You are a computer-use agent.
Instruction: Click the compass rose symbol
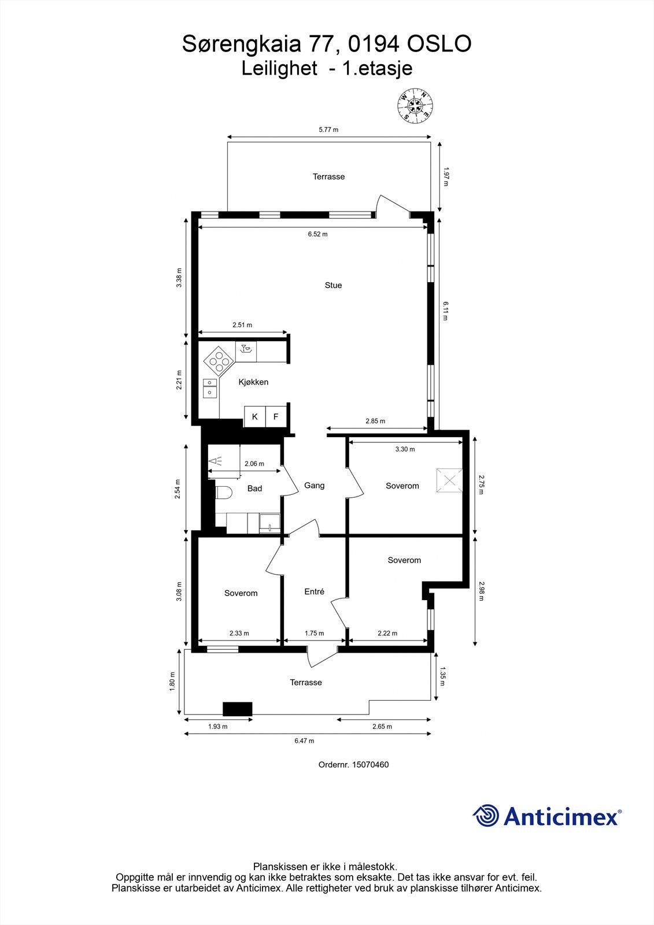[416, 105]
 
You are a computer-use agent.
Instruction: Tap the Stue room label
[333, 285]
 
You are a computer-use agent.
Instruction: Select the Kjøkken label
[253, 382]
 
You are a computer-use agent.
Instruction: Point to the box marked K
[254, 417]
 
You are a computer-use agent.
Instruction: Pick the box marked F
[276, 417]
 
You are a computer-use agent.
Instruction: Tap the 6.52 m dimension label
[317, 234]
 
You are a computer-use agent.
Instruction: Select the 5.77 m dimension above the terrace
[328, 129]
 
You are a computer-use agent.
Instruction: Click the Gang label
[314, 486]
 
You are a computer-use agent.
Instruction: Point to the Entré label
[314, 591]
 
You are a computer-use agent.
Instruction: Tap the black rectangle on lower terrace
[238, 709]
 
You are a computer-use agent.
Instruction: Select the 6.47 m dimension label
[304, 741]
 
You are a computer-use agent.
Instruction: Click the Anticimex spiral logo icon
[486, 816]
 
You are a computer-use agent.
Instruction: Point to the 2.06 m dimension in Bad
[254, 464]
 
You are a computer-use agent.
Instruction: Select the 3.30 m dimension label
[405, 449]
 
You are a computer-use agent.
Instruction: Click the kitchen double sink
[209, 388]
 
